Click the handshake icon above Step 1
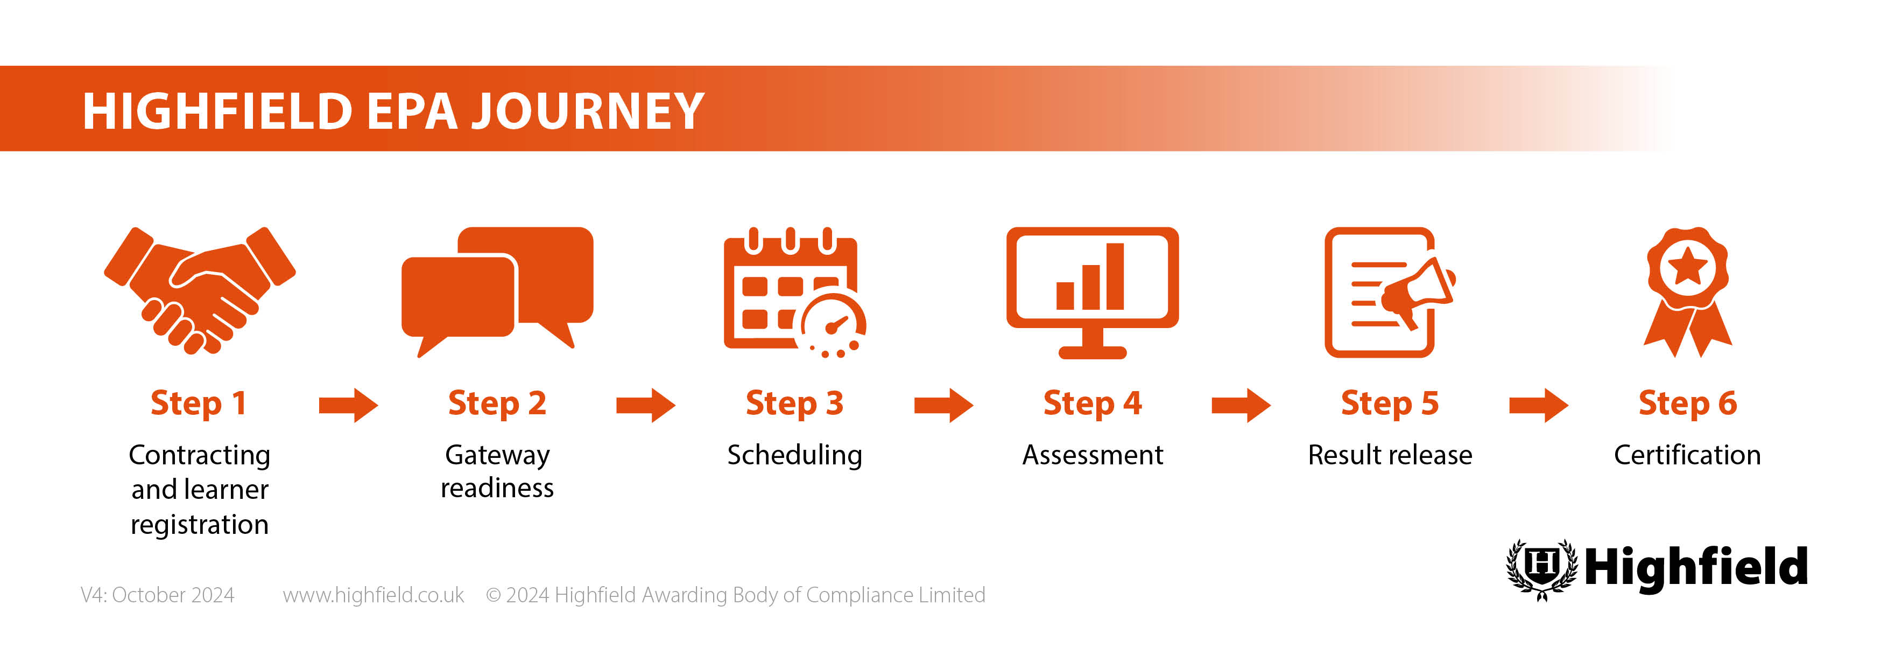tap(199, 291)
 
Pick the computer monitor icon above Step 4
tap(1092, 292)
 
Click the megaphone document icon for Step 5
tap(1390, 292)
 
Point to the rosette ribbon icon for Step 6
tap(1687, 292)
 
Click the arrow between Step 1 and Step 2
tap(348, 405)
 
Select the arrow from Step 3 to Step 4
tap(943, 405)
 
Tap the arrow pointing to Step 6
tap(1538, 405)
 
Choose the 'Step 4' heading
tap(1092, 403)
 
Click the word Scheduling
tap(794, 455)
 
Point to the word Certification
tap(1687, 455)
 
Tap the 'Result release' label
tap(1390, 455)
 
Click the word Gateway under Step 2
tap(497, 455)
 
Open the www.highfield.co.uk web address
tap(373, 595)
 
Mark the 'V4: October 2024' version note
tap(158, 595)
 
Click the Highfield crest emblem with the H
tap(1541, 569)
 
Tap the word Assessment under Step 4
tap(1092, 455)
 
